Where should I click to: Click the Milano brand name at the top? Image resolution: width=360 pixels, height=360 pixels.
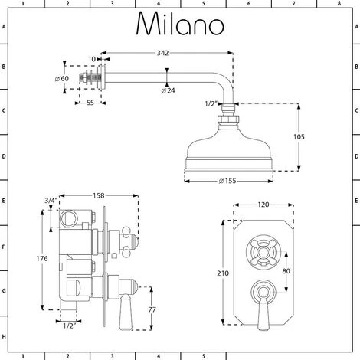pyautogui.click(x=180, y=25)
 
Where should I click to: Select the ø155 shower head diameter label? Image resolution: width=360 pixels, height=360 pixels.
pyautogui.click(x=226, y=181)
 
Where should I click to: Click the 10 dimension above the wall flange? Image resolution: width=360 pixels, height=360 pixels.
pyautogui.click(x=91, y=59)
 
